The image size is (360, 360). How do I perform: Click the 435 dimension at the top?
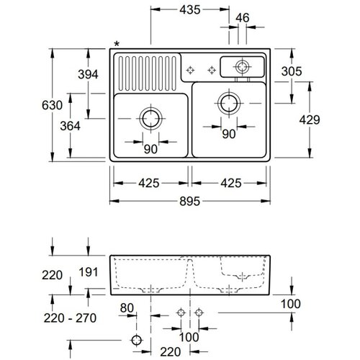(x=190, y=10)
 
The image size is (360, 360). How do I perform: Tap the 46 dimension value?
(x=243, y=18)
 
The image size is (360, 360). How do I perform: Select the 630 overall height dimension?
(x=52, y=105)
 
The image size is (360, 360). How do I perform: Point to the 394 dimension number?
(x=88, y=74)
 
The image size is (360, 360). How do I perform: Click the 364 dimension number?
(x=70, y=126)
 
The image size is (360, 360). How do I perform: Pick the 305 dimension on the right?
(x=292, y=71)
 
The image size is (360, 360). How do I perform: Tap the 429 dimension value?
(x=310, y=120)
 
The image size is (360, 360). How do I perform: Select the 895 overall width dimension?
(x=189, y=201)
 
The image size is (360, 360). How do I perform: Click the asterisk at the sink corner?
(x=117, y=44)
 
